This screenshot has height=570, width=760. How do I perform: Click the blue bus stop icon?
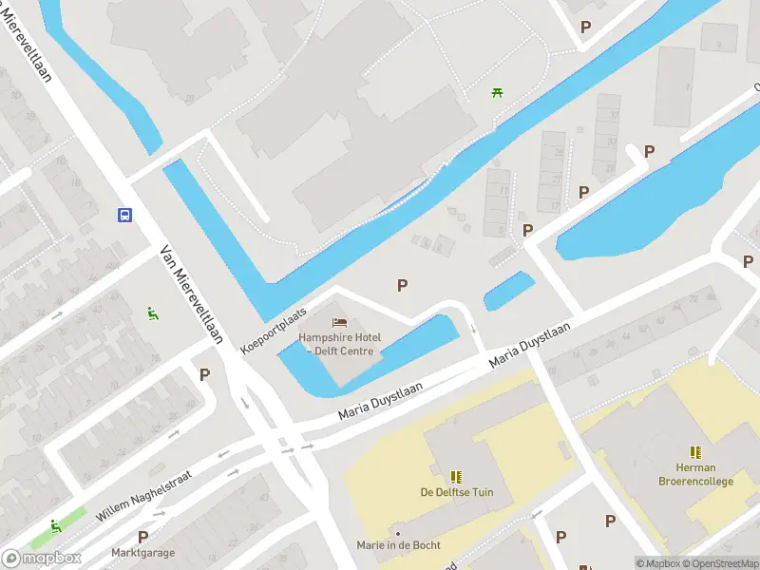point(124,215)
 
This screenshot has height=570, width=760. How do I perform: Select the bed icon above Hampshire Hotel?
point(339,323)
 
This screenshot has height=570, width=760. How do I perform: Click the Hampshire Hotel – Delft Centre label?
point(340,345)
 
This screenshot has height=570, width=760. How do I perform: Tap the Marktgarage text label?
point(142,552)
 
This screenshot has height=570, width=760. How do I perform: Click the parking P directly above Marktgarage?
point(142,536)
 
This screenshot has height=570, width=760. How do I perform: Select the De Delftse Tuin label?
point(456,492)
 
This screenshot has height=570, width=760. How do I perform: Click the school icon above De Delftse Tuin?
point(456,476)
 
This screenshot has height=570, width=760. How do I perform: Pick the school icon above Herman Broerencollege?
point(696,451)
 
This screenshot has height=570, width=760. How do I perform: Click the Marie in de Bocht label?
point(397,545)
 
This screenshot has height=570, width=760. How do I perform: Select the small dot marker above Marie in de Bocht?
point(397,533)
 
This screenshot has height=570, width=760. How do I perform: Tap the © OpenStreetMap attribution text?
point(721,563)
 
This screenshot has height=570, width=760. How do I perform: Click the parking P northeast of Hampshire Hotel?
point(403,285)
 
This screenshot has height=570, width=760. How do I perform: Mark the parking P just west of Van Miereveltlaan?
point(204,374)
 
